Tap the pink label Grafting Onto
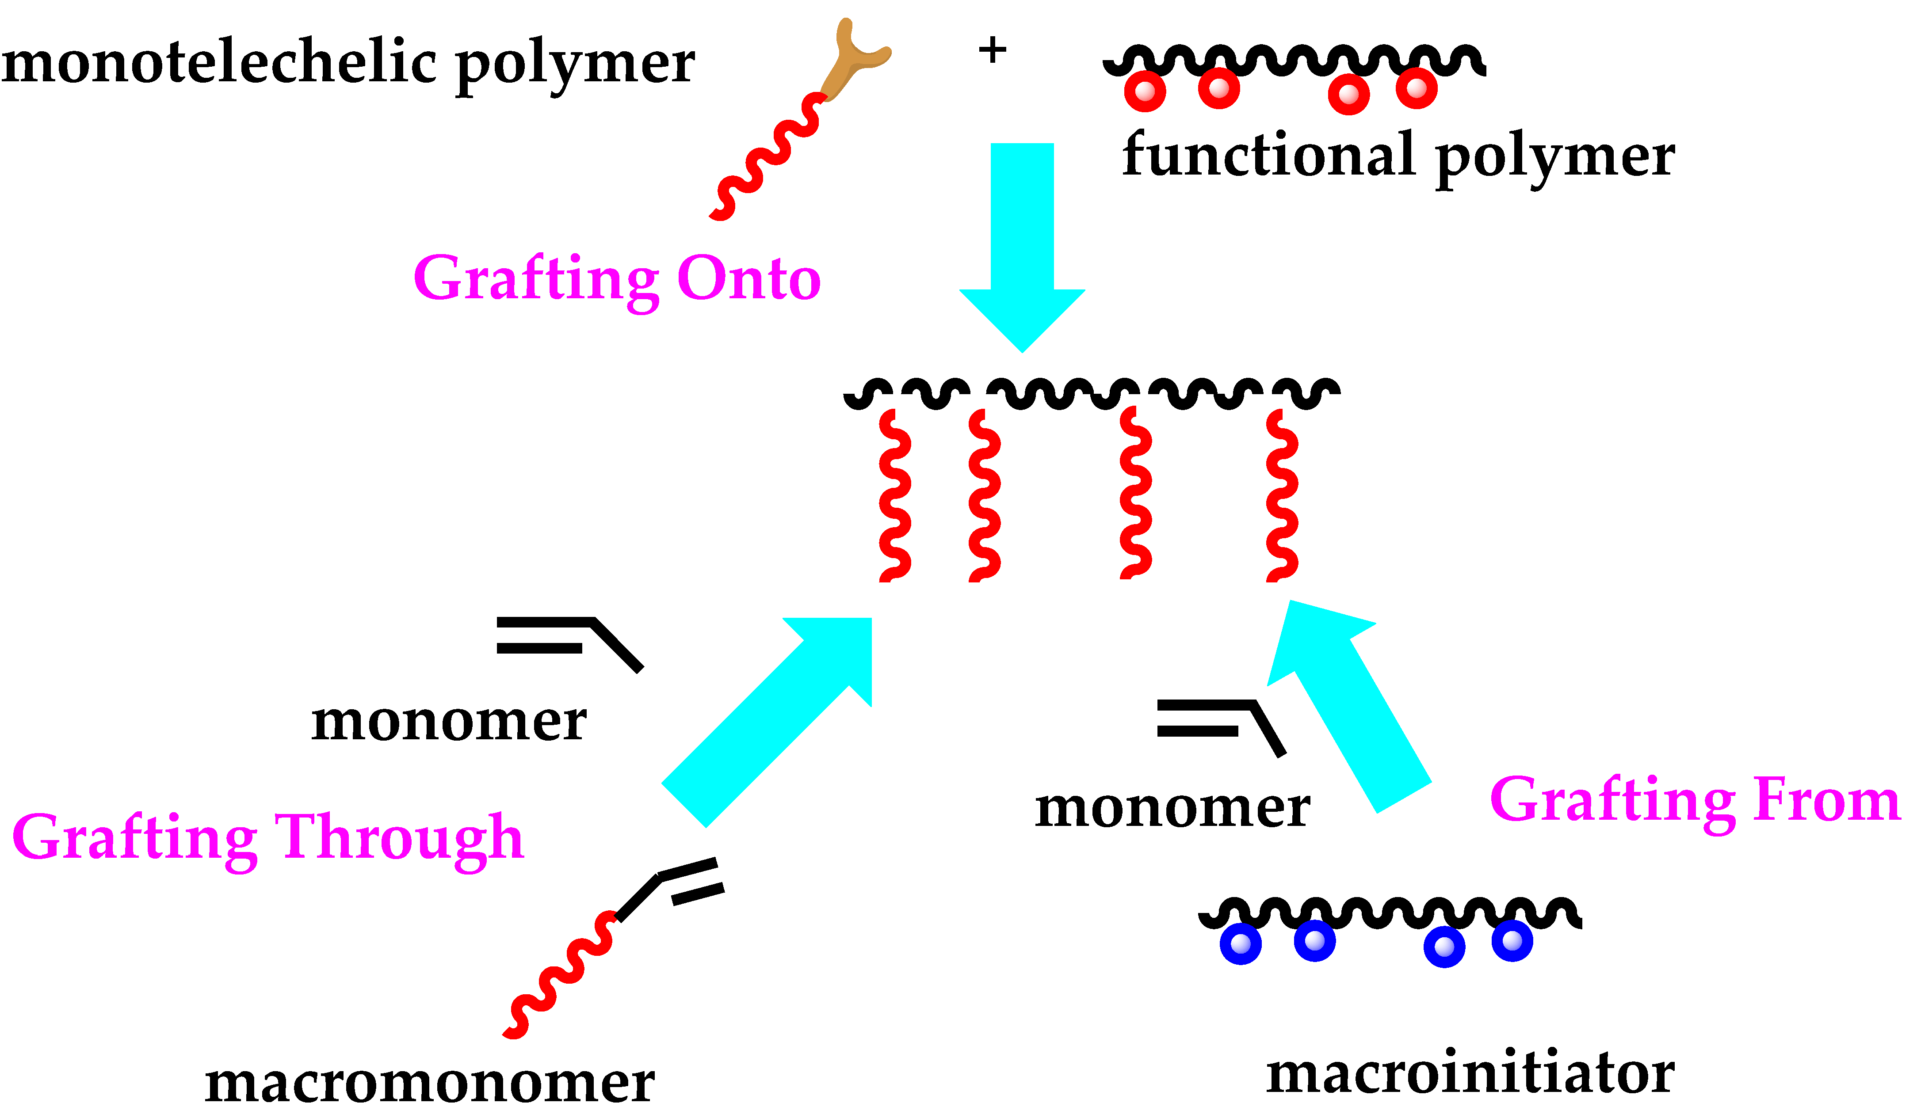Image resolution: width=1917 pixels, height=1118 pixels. [x=617, y=279]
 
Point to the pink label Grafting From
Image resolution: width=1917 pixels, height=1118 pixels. [x=1695, y=800]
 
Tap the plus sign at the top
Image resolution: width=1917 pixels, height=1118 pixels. [x=992, y=51]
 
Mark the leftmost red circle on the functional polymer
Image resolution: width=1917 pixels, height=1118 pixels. [x=1145, y=91]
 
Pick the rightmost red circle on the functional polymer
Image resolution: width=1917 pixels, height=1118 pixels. [x=1417, y=88]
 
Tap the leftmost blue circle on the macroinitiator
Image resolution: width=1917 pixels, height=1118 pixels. [x=1241, y=944]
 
